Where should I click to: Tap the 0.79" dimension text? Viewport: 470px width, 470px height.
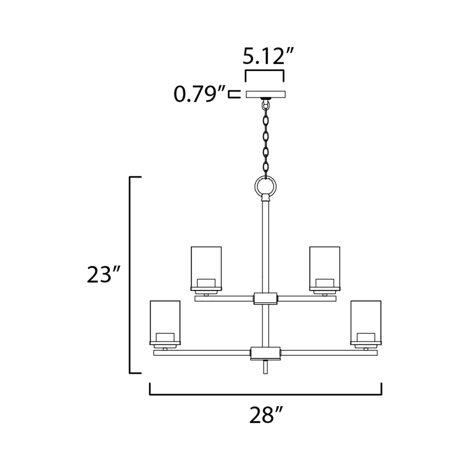coord(199,94)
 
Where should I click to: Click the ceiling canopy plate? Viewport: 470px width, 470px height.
coord(265,94)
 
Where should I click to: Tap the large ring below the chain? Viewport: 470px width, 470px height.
coord(265,186)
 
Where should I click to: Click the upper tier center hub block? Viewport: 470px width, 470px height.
coord(265,298)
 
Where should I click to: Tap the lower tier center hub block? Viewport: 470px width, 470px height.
coord(265,353)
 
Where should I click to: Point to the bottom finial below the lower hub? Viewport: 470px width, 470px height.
coord(265,368)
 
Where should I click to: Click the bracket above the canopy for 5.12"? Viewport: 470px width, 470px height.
coord(264,71)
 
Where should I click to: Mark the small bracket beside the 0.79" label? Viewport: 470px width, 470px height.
coord(234,94)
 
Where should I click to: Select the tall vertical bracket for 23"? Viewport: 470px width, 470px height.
coord(130,275)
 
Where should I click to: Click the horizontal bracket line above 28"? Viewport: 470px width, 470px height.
coord(265,395)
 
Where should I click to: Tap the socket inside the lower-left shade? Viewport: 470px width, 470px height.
coord(165,337)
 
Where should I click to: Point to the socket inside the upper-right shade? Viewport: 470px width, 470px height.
coord(325,282)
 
